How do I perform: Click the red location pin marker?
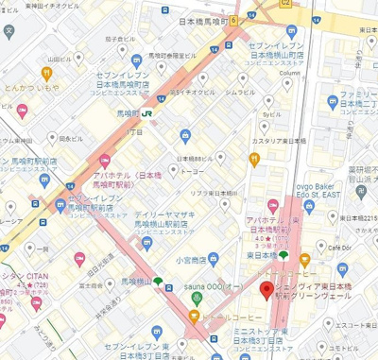pos(266,290)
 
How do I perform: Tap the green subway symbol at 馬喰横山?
pos(158,281)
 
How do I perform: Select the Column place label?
pos(289,72)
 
